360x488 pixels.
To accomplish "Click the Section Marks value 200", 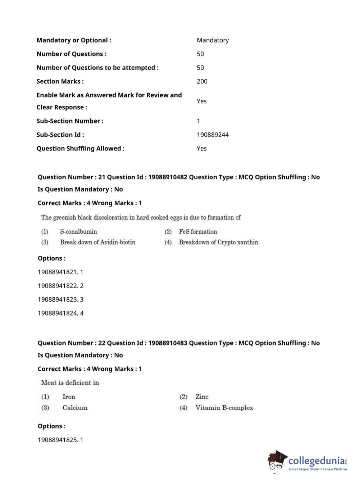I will (x=202, y=81).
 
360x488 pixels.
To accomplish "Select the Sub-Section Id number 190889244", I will (x=213, y=135).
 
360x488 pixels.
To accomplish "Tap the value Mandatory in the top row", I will (x=213, y=40).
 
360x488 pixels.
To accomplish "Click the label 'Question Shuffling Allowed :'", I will (x=80, y=148).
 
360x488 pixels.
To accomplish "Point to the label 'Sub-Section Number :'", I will (x=70, y=121).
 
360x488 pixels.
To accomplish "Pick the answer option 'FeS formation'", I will (x=198, y=231).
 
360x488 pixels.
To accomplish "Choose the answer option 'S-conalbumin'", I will (x=78, y=231).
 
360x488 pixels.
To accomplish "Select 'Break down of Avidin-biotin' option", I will (x=97, y=242).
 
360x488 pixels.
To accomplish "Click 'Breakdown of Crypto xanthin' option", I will (x=218, y=242).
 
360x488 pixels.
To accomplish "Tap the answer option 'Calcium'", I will (x=75, y=408).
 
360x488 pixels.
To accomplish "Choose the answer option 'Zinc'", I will (x=202, y=397).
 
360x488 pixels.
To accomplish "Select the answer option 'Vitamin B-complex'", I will (x=224, y=408).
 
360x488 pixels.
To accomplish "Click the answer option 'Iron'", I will (x=69, y=397).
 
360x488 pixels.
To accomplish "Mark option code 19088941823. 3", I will (x=60, y=299).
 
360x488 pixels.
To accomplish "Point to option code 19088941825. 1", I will (x=60, y=440).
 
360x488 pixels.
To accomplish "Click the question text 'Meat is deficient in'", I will (x=70, y=383).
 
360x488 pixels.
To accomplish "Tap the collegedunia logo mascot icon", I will (x=277, y=461).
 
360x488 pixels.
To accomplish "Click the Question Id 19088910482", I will (x=168, y=177).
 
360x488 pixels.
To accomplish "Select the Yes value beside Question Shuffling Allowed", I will (x=201, y=148).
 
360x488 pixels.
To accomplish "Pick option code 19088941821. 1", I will (x=60, y=272).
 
